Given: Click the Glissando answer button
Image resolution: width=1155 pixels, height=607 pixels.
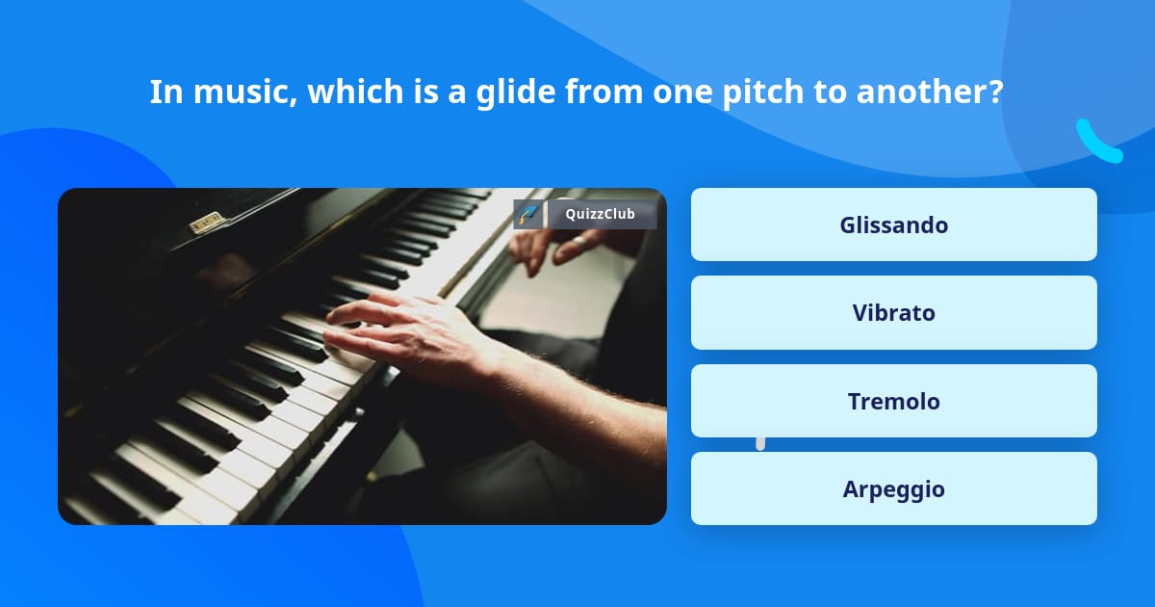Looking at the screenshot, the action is coord(893,224).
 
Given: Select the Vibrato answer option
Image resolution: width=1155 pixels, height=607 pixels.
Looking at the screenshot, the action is coord(893,313).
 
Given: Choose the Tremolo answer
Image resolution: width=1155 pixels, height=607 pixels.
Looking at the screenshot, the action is coord(893,401).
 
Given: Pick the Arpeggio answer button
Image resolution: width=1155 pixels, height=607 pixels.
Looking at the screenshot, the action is coord(893,488).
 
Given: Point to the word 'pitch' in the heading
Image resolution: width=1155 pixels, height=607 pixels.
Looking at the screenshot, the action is coord(762,92).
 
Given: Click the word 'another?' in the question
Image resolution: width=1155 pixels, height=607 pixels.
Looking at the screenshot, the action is coord(930,92).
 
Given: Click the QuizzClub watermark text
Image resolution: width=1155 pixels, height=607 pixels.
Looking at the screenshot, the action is coord(601,214).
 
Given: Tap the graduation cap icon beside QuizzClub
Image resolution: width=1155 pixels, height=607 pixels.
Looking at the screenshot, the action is coord(527,214).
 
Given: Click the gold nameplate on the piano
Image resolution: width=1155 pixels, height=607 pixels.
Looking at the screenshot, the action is coord(207,223).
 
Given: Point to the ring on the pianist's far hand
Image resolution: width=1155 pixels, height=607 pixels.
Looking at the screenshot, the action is coord(579,241).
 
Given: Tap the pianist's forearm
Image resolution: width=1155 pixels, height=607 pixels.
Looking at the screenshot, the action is coord(567,392).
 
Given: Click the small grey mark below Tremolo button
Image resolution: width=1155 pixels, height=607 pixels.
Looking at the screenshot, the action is coord(760,444).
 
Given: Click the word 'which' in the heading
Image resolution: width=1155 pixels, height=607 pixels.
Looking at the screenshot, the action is coord(355,92).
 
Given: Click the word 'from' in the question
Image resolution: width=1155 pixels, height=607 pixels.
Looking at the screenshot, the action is coord(604,92).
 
